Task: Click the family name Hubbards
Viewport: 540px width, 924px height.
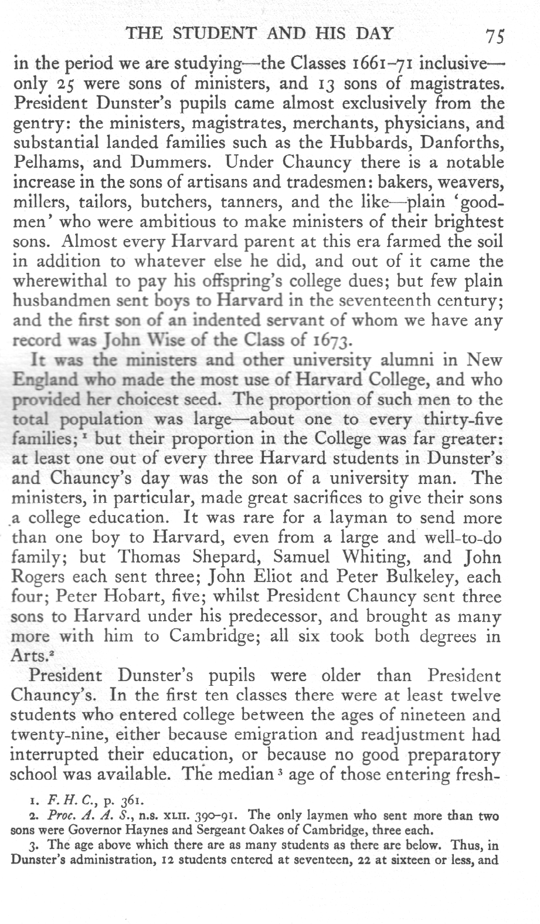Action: point(369,143)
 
